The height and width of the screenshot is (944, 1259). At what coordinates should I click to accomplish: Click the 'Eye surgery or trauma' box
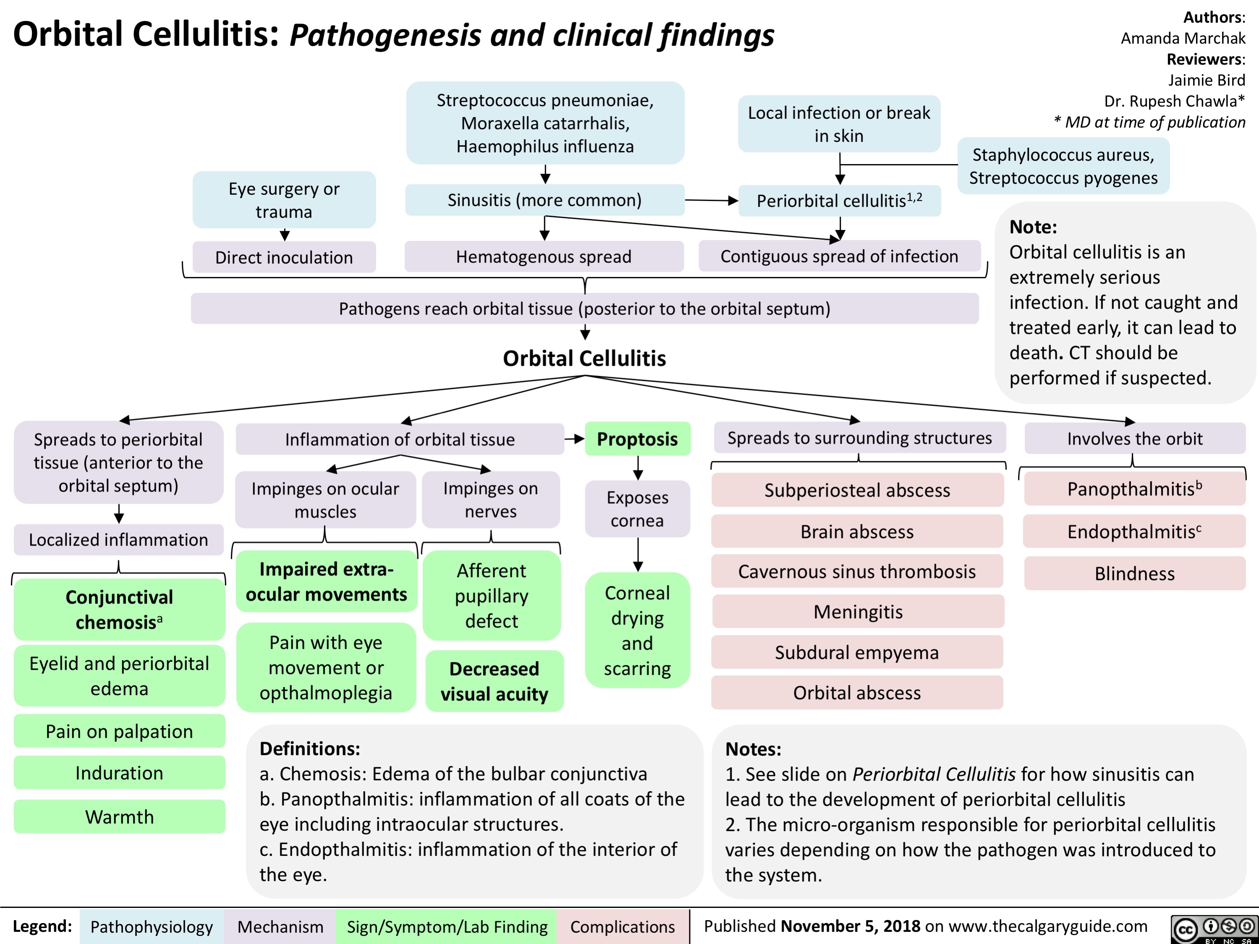click(x=284, y=200)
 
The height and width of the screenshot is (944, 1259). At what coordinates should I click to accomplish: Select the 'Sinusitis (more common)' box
click(x=544, y=200)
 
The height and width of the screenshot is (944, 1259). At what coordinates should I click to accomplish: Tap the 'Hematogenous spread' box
click(x=544, y=256)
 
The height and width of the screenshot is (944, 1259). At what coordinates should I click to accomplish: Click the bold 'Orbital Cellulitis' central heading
click(x=584, y=358)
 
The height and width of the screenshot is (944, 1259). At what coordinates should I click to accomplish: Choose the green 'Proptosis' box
click(x=637, y=439)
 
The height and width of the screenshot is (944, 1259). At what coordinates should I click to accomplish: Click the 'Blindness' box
click(x=1134, y=573)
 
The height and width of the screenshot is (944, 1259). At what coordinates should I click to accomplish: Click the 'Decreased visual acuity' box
click(x=494, y=681)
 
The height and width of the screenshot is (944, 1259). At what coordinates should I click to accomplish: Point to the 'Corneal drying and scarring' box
click(x=637, y=630)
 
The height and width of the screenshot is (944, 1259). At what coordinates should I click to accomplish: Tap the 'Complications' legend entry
click(x=622, y=927)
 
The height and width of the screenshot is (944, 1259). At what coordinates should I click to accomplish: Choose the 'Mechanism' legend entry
click(x=280, y=927)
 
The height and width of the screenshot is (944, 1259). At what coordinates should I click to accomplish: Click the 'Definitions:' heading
click(x=310, y=748)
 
